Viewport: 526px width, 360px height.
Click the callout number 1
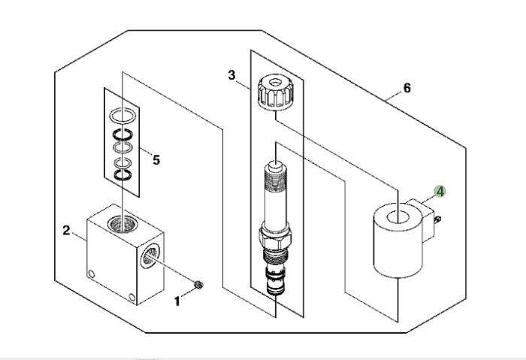point(177,301)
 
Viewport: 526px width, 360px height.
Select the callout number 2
point(66,231)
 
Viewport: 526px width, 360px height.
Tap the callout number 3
point(231,75)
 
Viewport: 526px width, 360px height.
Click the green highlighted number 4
point(440,192)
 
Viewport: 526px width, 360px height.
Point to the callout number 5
point(156,160)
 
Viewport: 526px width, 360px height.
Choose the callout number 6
point(407,88)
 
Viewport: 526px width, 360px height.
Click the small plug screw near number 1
point(198,285)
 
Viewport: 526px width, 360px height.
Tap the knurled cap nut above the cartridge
point(275,92)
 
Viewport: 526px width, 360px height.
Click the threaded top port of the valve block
point(122,224)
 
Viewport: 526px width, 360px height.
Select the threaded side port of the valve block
point(150,256)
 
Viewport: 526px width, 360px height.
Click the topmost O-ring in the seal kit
point(122,116)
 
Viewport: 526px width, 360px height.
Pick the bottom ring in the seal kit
point(122,175)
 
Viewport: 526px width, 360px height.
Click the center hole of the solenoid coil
point(398,217)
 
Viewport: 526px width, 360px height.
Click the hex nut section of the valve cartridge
point(275,236)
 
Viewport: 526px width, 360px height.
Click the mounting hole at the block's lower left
point(91,274)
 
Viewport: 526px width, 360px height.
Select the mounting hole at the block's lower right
point(131,298)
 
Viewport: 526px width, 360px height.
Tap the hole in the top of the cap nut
point(275,82)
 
